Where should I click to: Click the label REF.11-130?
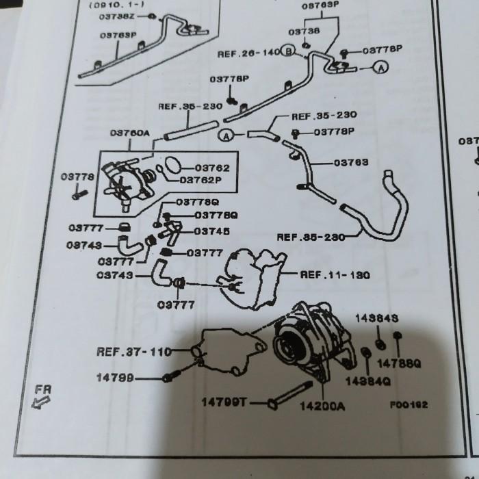pyautogui.click(x=335, y=275)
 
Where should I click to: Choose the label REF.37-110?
pyautogui.click(x=133, y=352)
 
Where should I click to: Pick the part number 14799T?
pyautogui.click(x=224, y=402)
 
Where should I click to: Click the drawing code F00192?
pyautogui.click(x=409, y=404)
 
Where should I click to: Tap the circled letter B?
pyautogui.click(x=289, y=52)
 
